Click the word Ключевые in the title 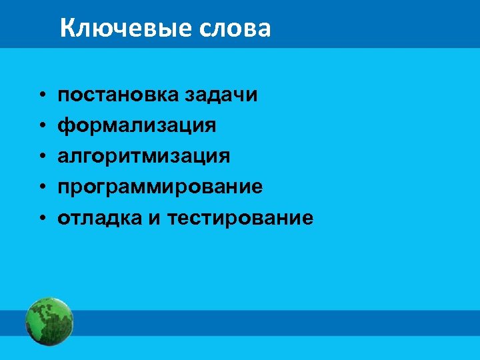coord(123,29)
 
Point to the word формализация coord(137,125)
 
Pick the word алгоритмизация coord(143,156)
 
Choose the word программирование coord(160,187)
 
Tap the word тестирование coord(240,217)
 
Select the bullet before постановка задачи coord(41,95)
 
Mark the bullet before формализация coord(41,126)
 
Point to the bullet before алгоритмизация coord(41,157)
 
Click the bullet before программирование coord(41,187)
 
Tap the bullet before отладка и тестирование coord(41,218)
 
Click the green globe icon coord(49,321)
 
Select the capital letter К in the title coord(67,29)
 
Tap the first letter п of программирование coord(63,187)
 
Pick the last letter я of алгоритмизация coord(224,157)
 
